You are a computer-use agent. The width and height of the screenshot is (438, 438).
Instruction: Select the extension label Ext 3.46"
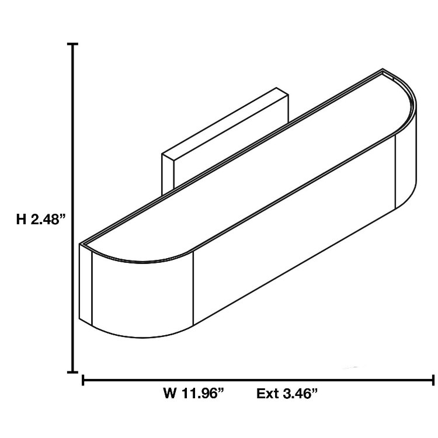tap(287, 394)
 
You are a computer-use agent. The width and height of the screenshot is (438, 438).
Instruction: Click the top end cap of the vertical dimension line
tap(73, 44)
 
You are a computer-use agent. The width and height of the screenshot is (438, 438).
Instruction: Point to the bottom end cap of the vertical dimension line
tap(73, 371)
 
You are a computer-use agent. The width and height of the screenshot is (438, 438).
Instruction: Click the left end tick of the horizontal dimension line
tap(84, 381)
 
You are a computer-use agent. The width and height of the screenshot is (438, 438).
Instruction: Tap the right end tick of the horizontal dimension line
tap(432, 381)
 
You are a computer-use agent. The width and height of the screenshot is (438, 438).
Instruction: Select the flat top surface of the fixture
tap(245, 169)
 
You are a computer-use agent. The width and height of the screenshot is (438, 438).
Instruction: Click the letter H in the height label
tap(21, 220)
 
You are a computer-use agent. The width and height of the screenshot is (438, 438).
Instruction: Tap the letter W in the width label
tap(170, 394)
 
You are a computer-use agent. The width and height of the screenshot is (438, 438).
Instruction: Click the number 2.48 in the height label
tap(49, 220)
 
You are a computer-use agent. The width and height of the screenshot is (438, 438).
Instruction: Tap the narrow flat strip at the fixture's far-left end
tap(85, 283)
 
